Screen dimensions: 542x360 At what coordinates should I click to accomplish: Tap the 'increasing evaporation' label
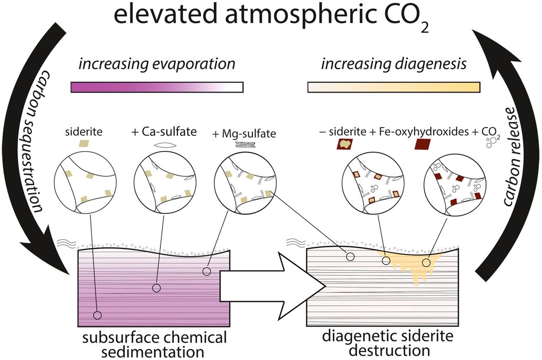tap(157, 64)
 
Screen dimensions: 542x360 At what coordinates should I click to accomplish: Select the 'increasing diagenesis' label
tap(394, 64)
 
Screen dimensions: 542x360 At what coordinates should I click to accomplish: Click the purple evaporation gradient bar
tap(157, 87)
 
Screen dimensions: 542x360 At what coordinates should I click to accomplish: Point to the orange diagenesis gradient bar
tap(394, 87)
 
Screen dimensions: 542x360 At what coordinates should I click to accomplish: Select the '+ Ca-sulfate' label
tap(164, 132)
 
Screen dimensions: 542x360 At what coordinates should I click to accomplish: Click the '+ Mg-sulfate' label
tap(244, 134)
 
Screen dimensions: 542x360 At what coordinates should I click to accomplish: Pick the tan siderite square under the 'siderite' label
tap(83, 143)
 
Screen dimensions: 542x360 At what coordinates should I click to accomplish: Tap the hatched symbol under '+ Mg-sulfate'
tap(245, 145)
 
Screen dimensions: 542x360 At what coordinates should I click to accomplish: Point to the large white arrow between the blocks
tap(273, 286)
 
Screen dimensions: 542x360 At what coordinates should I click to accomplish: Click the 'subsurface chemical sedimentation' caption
tap(154, 345)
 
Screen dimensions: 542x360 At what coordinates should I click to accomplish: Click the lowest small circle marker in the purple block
tap(98, 315)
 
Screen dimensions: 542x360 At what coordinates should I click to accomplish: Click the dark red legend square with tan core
tap(345, 143)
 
